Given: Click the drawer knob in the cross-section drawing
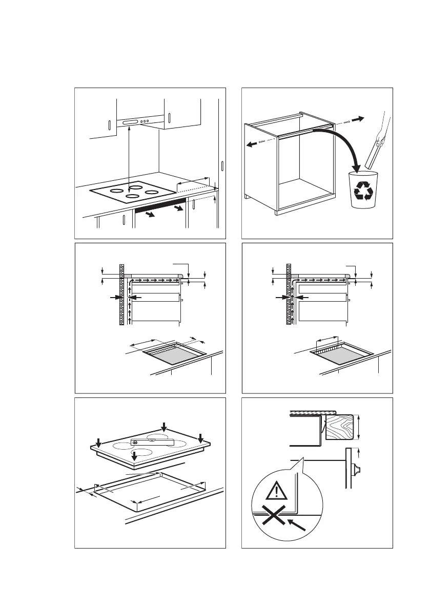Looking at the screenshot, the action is pyautogui.click(x=358, y=468).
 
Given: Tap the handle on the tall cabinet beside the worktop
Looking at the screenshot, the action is pyautogui.click(x=222, y=166).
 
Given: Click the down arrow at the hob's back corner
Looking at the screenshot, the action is pyautogui.click(x=163, y=427).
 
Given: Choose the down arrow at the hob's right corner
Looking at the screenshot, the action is pyautogui.click(x=201, y=438).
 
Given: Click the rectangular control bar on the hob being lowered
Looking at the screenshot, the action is pyautogui.click(x=152, y=441).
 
